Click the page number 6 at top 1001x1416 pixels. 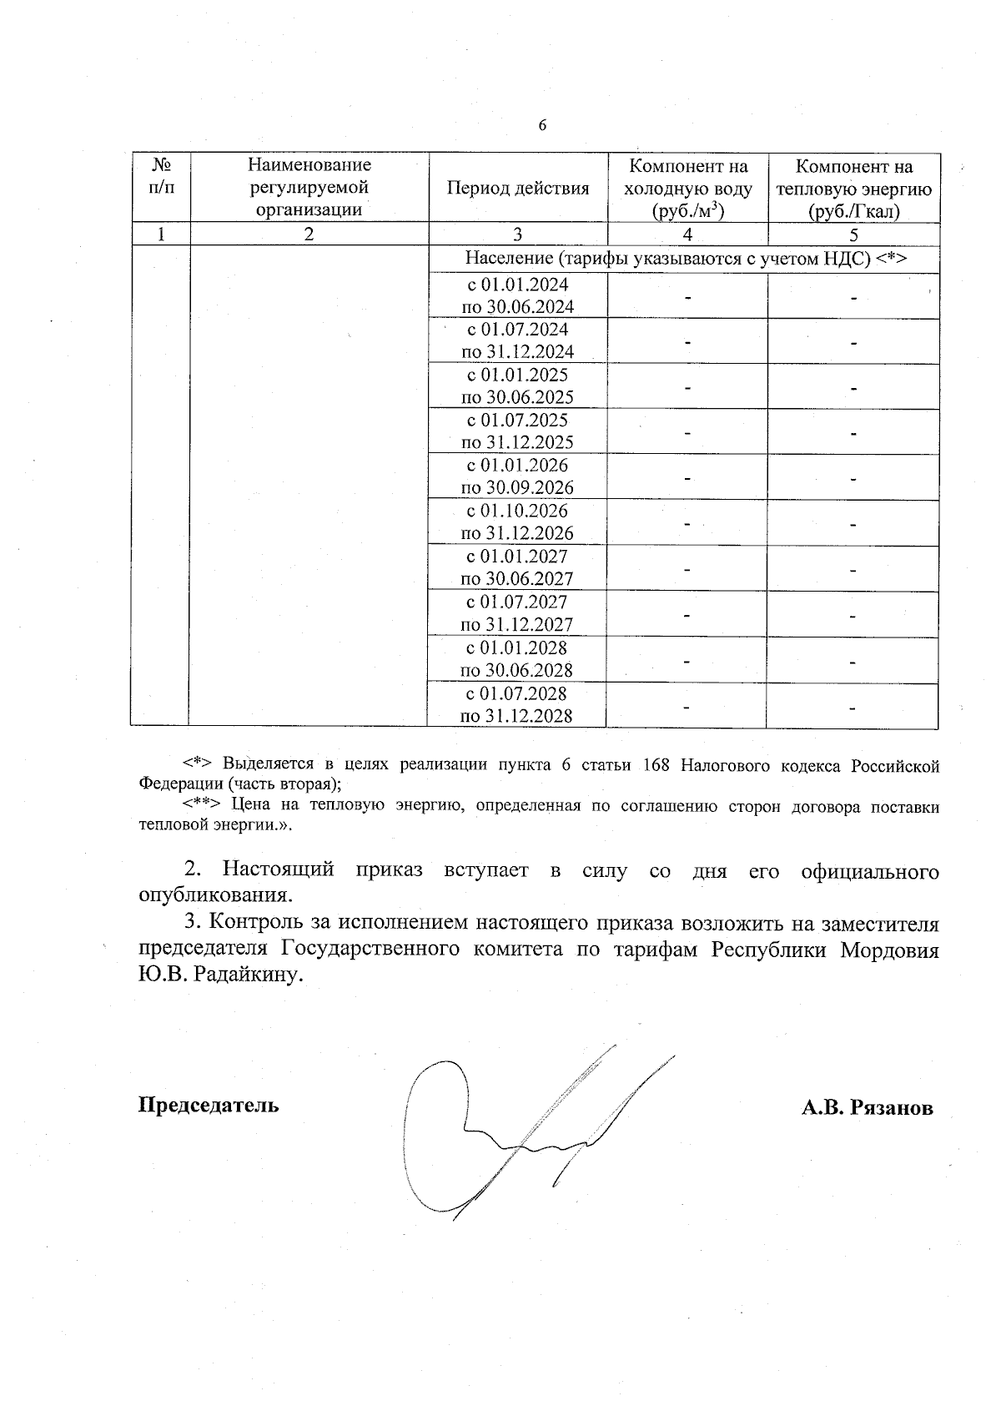pyautogui.click(x=542, y=126)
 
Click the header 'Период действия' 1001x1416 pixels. pyautogui.click(x=518, y=189)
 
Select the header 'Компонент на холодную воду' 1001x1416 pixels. pyautogui.click(x=688, y=189)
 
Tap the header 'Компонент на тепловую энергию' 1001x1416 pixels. pyautogui.click(x=853, y=189)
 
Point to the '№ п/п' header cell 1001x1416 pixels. pyautogui.click(x=162, y=176)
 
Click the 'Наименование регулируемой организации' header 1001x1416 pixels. pyautogui.click(x=309, y=188)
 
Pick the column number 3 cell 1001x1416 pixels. pyautogui.click(x=518, y=234)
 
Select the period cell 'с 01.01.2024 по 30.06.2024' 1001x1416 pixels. pyautogui.click(x=518, y=295)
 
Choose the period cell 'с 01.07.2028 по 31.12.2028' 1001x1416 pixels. pyautogui.click(x=517, y=704)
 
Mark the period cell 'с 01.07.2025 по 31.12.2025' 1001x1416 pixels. pyautogui.click(x=518, y=431)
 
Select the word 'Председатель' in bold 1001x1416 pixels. pyautogui.click(x=209, y=1105)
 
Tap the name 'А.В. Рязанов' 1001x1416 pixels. pyautogui.click(x=867, y=1108)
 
